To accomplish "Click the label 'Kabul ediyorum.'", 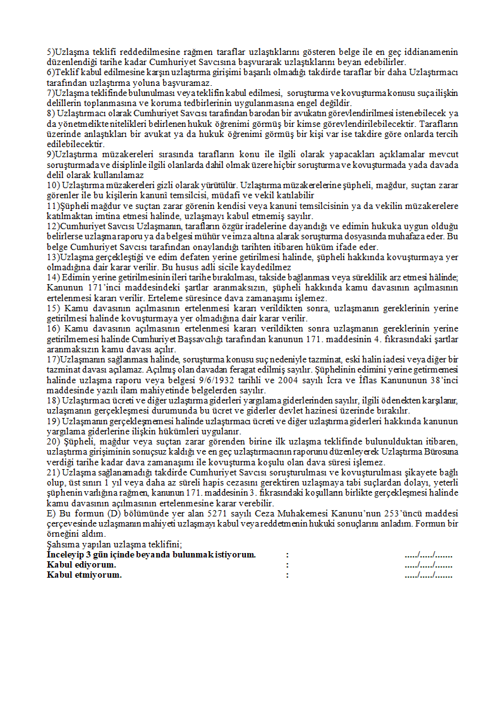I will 82,564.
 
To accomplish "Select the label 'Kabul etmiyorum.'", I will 84,575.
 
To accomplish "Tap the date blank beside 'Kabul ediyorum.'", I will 429,564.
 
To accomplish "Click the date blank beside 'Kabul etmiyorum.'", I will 429,575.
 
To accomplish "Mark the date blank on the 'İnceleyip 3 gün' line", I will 429,554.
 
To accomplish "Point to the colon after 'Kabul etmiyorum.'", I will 287,575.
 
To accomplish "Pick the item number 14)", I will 54,277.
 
